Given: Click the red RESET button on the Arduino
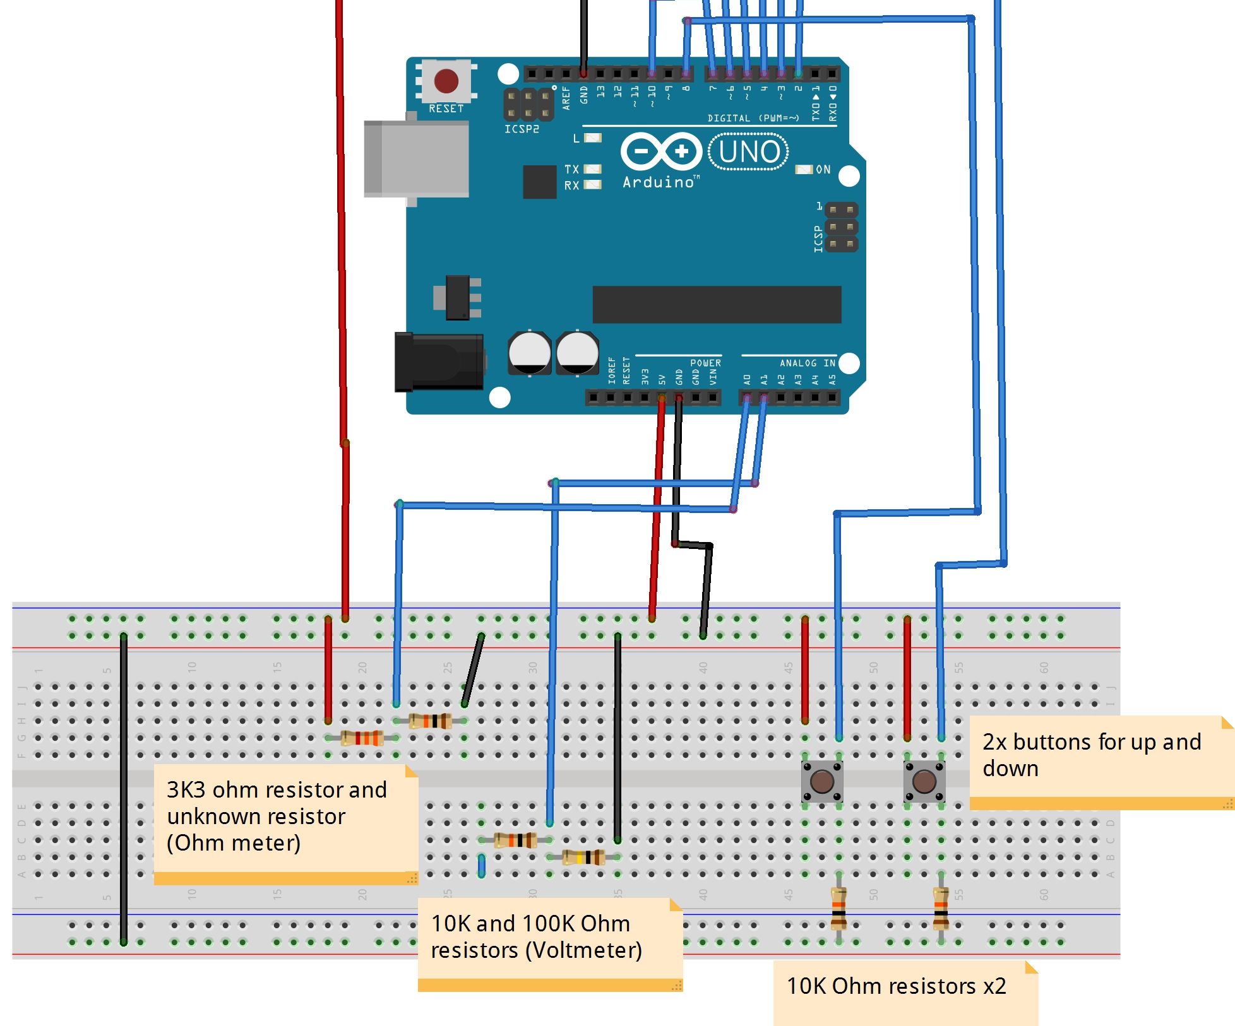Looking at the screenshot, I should click(446, 81).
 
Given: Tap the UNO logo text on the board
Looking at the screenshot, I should click(749, 151).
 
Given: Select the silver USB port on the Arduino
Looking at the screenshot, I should click(417, 159).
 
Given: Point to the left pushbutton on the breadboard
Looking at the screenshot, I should click(821, 781).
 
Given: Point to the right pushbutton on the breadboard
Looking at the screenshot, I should click(924, 781).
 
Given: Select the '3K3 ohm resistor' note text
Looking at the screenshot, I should click(277, 790).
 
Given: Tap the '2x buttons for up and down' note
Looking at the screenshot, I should click(1092, 755).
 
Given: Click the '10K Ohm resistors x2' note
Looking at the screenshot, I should click(896, 986).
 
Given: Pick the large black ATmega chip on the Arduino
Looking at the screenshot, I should click(717, 304).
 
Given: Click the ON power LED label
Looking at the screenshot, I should click(823, 169).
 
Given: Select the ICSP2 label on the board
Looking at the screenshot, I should click(522, 129).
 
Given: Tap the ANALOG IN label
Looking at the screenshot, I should click(807, 363).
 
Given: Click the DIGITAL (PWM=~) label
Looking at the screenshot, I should click(753, 118).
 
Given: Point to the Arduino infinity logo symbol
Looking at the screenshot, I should click(661, 151).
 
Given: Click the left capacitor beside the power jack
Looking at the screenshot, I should click(529, 352).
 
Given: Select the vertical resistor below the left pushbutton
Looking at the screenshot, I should click(838, 909).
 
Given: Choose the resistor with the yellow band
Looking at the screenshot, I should click(583, 857).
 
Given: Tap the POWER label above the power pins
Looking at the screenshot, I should click(705, 363).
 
